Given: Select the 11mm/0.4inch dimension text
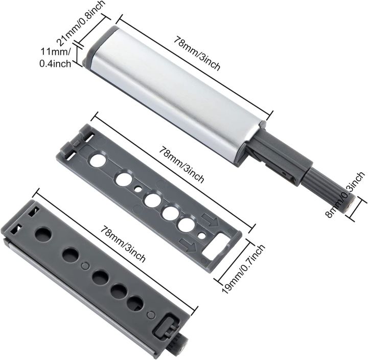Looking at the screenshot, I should (55, 58).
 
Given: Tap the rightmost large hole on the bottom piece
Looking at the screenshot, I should (135, 303).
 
